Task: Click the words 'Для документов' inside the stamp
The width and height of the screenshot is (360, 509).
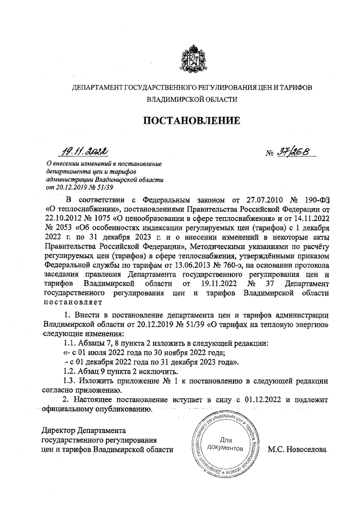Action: (224, 444)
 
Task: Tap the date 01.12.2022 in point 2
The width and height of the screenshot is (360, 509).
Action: (264, 399)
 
